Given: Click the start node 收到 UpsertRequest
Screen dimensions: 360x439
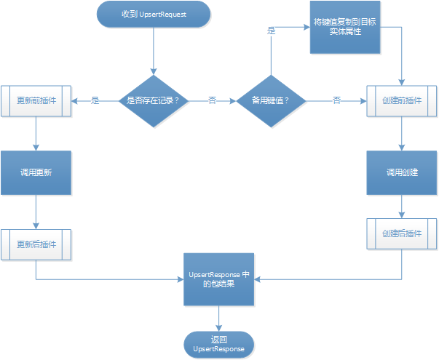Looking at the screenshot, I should (153, 15).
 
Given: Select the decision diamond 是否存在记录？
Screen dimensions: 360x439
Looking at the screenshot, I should (153, 100).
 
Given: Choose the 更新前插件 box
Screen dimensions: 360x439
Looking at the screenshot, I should (36, 100).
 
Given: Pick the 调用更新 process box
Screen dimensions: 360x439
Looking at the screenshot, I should (36, 173).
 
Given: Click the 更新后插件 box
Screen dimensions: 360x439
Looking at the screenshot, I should (36, 244).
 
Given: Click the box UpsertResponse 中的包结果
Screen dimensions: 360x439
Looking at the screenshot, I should (218, 279).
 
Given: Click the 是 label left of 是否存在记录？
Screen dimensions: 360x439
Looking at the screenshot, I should (95, 100).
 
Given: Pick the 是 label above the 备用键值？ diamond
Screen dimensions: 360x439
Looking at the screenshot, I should (272, 31).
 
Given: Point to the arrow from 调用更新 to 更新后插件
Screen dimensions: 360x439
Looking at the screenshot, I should (36, 212).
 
